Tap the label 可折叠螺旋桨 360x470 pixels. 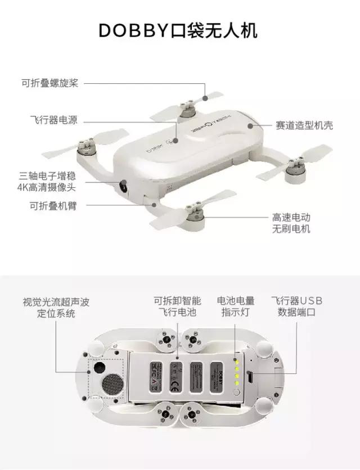(x=50, y=83)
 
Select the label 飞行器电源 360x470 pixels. (x=53, y=120)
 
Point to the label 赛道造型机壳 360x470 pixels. (x=304, y=125)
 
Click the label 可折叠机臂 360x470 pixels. (x=53, y=206)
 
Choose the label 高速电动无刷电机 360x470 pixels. (x=291, y=223)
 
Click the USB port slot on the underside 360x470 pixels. (x=251, y=376)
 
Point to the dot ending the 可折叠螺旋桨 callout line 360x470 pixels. (x=205, y=98)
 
